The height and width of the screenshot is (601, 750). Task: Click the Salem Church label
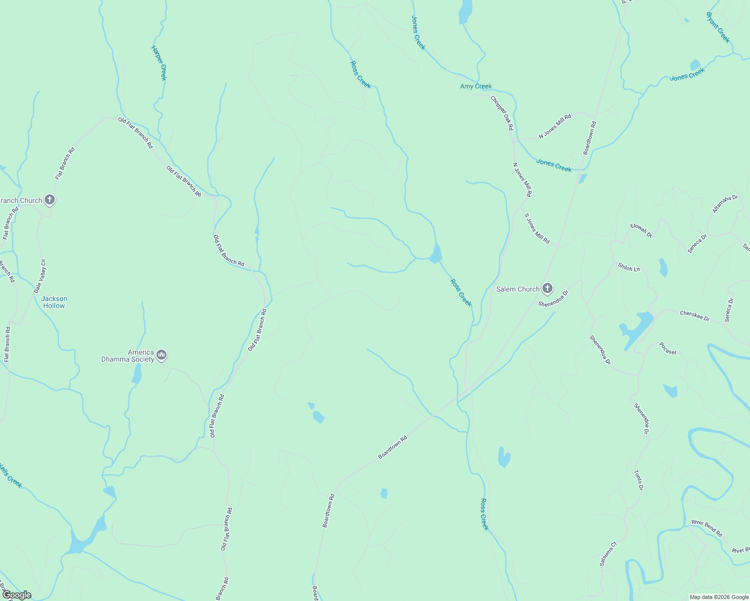[517, 289]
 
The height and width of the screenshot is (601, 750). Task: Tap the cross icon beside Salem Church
[547, 288]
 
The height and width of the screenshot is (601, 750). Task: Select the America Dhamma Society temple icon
[161, 355]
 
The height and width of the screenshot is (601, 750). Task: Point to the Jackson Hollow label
[54, 302]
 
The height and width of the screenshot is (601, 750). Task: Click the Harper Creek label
[159, 63]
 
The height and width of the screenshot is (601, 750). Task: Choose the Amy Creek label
[476, 86]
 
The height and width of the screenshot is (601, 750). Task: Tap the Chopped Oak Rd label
[502, 113]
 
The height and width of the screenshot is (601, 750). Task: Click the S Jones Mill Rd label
[537, 228]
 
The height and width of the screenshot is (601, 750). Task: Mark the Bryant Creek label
[718, 28]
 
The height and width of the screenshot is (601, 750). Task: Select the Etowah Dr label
[641, 230]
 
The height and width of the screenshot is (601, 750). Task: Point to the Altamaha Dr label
[725, 204]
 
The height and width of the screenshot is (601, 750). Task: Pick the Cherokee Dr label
[694, 316]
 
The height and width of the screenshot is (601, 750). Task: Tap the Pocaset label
[668, 349]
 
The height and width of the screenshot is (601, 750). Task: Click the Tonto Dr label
[638, 480]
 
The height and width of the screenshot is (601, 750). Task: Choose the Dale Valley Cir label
[40, 276]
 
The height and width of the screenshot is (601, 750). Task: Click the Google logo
[17, 595]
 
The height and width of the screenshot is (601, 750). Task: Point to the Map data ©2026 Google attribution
[718, 597]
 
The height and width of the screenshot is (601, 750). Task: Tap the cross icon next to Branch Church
[49, 200]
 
